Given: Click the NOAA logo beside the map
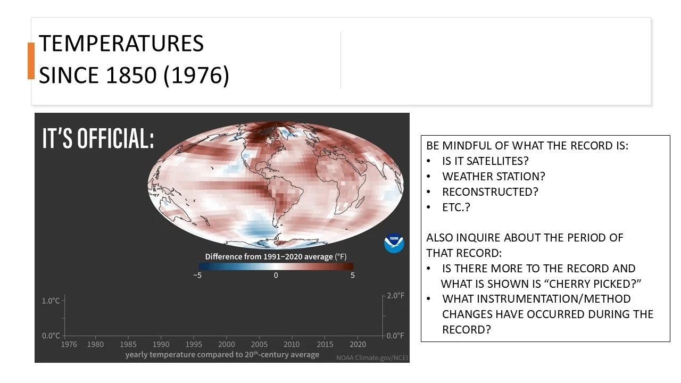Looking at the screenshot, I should coord(394,244).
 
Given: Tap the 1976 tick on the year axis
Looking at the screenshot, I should coord(69,344).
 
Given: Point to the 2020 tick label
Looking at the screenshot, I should coord(358,344).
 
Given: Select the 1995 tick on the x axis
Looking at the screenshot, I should coord(194,344).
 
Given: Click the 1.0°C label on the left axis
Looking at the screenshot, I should coord(51,301).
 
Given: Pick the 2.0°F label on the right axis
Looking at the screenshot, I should coord(395,296).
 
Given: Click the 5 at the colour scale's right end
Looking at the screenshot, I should coord(353,276).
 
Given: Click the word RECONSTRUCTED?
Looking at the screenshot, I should coord(490,191).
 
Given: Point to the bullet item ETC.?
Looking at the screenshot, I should coord(456,207).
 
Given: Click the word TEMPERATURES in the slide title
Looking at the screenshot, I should coord(121,44).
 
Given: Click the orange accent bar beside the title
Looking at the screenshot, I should coord(31,61).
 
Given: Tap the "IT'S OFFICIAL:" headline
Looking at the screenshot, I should coord(98,139).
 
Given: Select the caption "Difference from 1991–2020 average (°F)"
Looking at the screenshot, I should coord(276,256).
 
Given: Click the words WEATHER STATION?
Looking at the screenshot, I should coord(494,176).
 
